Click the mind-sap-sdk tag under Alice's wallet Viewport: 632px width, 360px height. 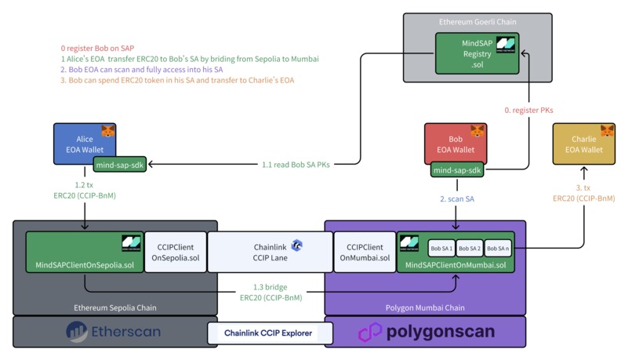[120, 164]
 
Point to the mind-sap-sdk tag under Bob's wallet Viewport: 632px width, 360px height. [457, 170]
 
